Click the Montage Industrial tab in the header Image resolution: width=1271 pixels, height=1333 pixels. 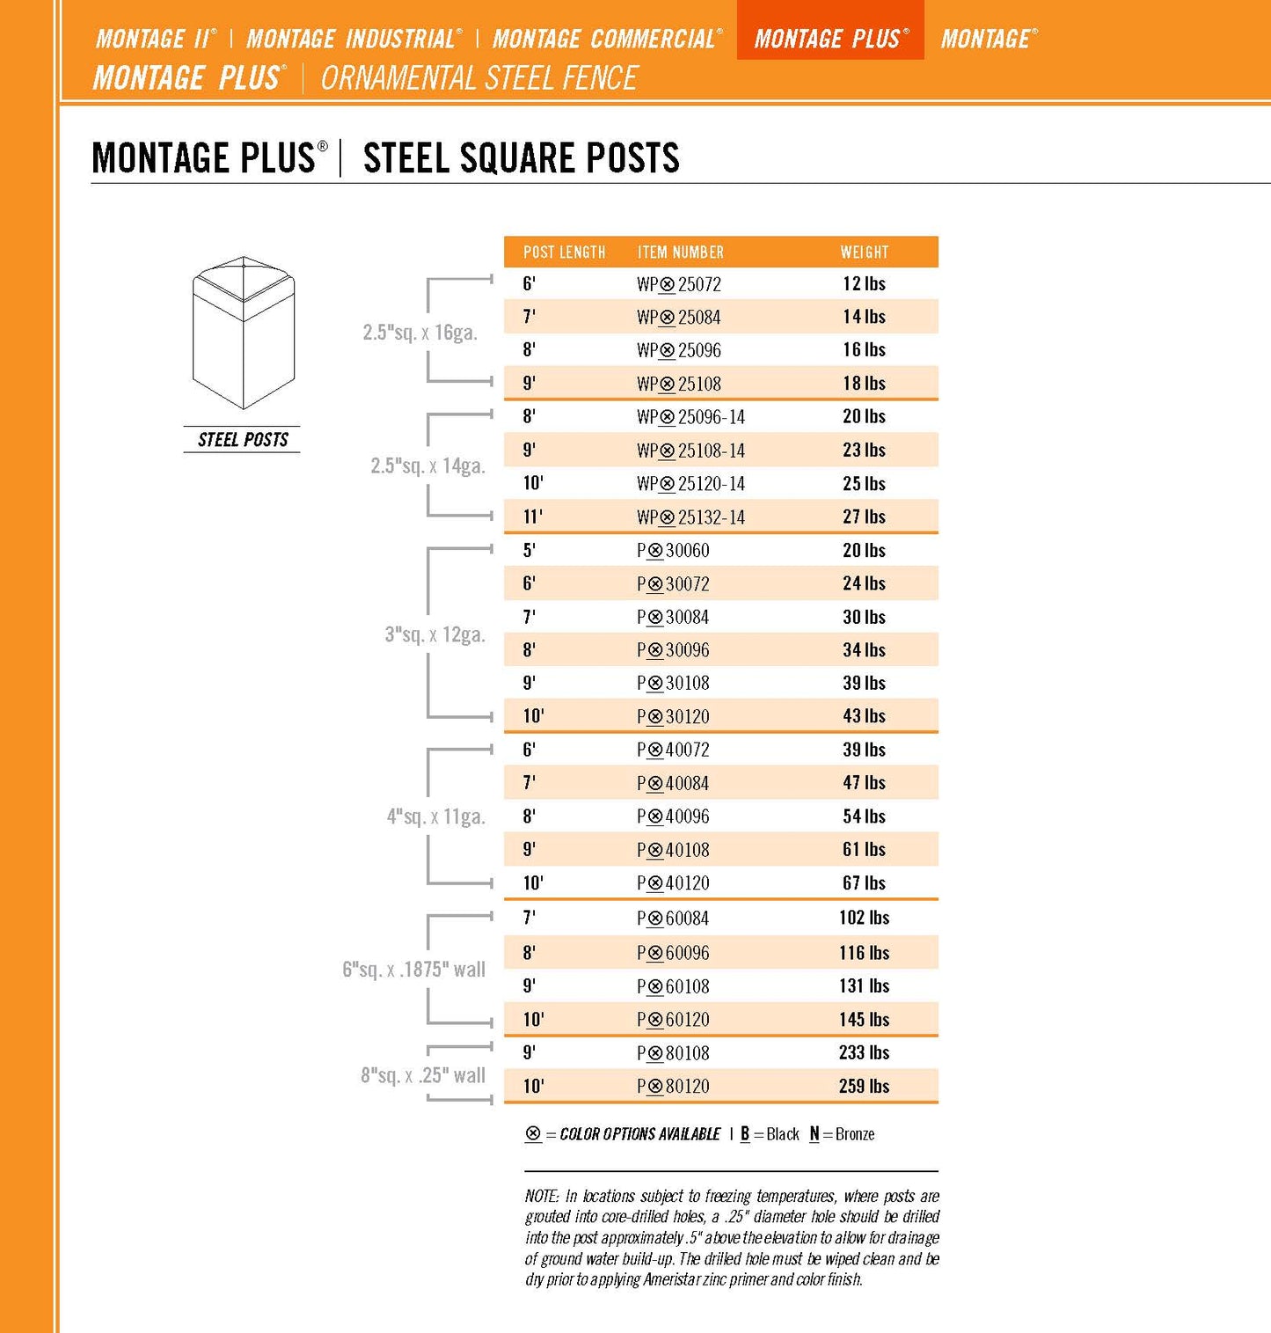[x=353, y=39]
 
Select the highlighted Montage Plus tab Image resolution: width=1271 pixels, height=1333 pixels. [x=830, y=39]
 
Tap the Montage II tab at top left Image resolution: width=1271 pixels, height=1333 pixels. [x=155, y=39]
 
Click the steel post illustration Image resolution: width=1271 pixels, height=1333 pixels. [x=244, y=333]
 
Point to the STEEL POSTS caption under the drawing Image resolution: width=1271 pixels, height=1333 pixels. [x=243, y=440]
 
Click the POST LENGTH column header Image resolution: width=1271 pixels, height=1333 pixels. [x=564, y=253]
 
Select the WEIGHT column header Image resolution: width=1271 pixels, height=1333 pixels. [x=864, y=253]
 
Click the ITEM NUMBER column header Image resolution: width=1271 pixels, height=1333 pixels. [x=680, y=253]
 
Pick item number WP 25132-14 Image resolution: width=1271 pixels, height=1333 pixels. [x=690, y=517]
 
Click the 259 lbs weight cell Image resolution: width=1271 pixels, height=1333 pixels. [x=864, y=1086]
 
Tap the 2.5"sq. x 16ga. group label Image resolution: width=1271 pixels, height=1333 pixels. [x=420, y=333]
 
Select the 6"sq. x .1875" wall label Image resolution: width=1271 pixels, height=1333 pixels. [x=413, y=970]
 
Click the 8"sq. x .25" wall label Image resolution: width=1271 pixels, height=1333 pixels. [x=422, y=1075]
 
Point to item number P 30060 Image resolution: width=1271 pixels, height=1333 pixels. [x=673, y=551]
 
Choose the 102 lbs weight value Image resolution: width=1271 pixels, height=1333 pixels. [x=864, y=918]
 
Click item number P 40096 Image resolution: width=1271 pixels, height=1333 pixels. [x=673, y=817]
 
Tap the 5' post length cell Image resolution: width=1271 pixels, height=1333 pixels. [x=530, y=551]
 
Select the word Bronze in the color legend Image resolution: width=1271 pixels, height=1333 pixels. [x=855, y=1134]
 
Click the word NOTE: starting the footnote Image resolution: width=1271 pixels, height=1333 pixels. [x=542, y=1197]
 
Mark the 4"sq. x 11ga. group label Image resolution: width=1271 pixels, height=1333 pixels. [x=435, y=817]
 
